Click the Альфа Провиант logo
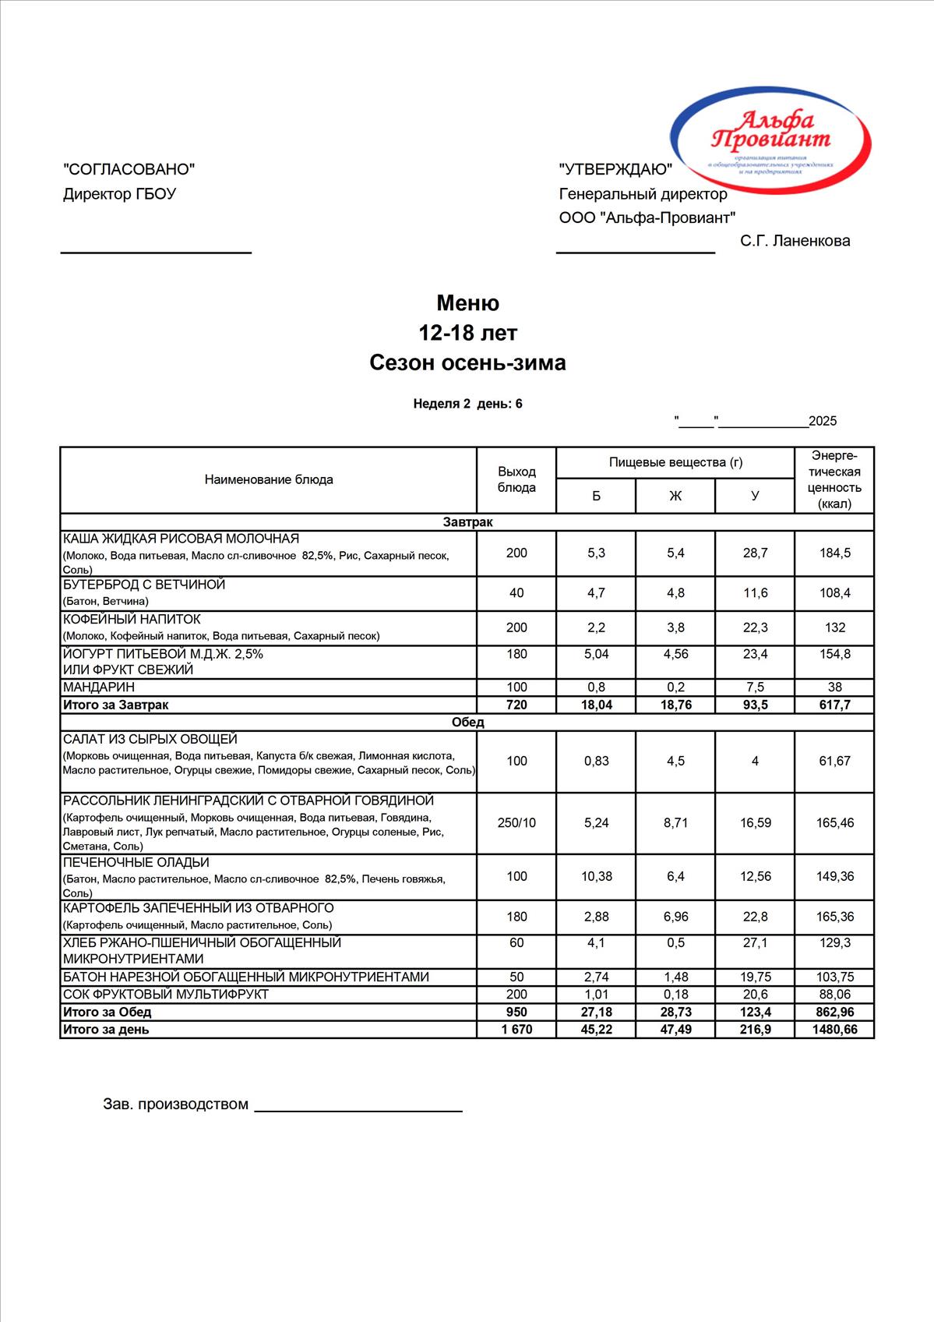[x=770, y=140]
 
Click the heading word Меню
[x=467, y=302]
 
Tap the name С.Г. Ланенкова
[x=795, y=241]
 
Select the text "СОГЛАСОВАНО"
[x=129, y=169]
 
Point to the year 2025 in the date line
[x=823, y=422]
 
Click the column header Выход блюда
[x=516, y=479]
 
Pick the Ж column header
[x=675, y=496]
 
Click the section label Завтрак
[x=467, y=522]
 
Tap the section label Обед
[x=467, y=722]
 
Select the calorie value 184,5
[x=834, y=553]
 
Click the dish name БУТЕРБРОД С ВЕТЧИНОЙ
[x=144, y=585]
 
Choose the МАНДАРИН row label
[x=99, y=687]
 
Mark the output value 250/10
[x=516, y=822]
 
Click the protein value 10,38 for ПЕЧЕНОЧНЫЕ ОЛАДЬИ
[x=596, y=876]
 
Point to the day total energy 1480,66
[x=834, y=1030]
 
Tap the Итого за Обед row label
[x=107, y=1012]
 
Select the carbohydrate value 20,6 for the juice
[x=755, y=995]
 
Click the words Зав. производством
[x=175, y=1105]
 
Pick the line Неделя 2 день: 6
[x=467, y=404]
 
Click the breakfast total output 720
[x=516, y=705]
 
